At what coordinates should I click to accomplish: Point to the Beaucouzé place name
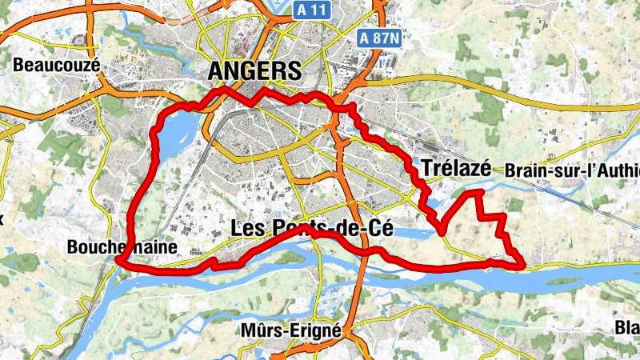(56, 64)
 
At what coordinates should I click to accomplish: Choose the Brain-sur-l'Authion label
(572, 170)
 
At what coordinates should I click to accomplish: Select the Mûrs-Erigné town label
(290, 330)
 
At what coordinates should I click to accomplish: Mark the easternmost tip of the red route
(522, 262)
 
